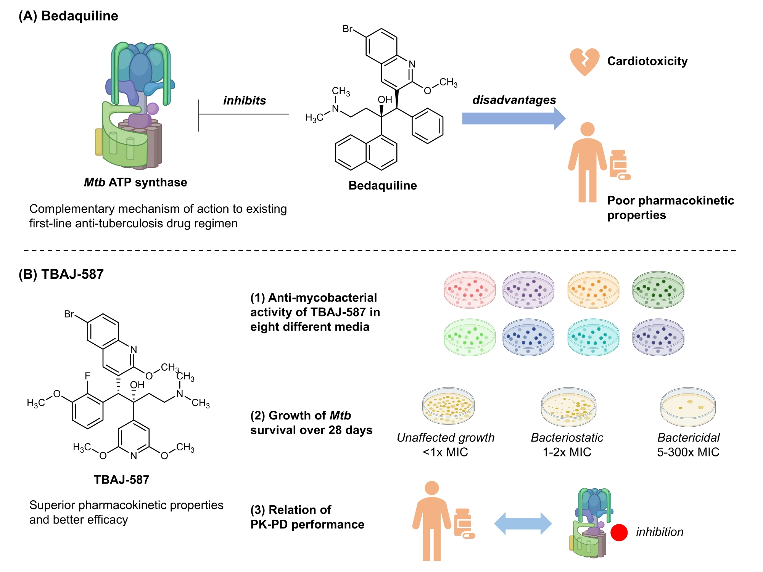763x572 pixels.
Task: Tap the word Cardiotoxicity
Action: pos(647,61)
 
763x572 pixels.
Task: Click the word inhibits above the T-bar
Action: pos(244,100)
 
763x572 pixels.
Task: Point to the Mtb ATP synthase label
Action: pos(135,182)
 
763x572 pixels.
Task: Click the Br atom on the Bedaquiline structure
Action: pos(348,29)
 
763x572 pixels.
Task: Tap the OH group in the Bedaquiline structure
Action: pos(385,100)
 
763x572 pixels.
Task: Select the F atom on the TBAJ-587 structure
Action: pos(87,376)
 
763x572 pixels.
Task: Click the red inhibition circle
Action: pos(619,533)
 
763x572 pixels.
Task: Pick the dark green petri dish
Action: pos(658,290)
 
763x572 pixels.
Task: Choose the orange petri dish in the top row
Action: pos(593,290)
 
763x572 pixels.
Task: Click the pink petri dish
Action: pos(470,290)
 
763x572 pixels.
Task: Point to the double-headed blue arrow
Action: pos(523,524)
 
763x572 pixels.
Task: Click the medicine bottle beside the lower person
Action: pos(464,523)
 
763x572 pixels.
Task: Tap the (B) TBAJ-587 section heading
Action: pos(61,274)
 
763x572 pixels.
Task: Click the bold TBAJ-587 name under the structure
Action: pos(121,479)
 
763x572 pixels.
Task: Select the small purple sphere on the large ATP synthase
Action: pos(153,109)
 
